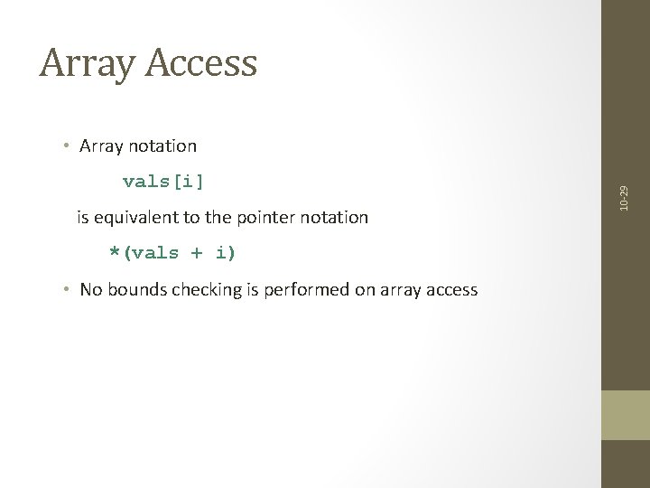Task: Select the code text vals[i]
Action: click(162, 181)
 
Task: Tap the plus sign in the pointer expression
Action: click(196, 253)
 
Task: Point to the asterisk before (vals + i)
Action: click(115, 251)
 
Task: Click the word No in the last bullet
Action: click(90, 289)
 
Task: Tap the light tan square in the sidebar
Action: click(626, 415)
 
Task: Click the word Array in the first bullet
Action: click(100, 145)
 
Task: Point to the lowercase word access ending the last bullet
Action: click(450, 289)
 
